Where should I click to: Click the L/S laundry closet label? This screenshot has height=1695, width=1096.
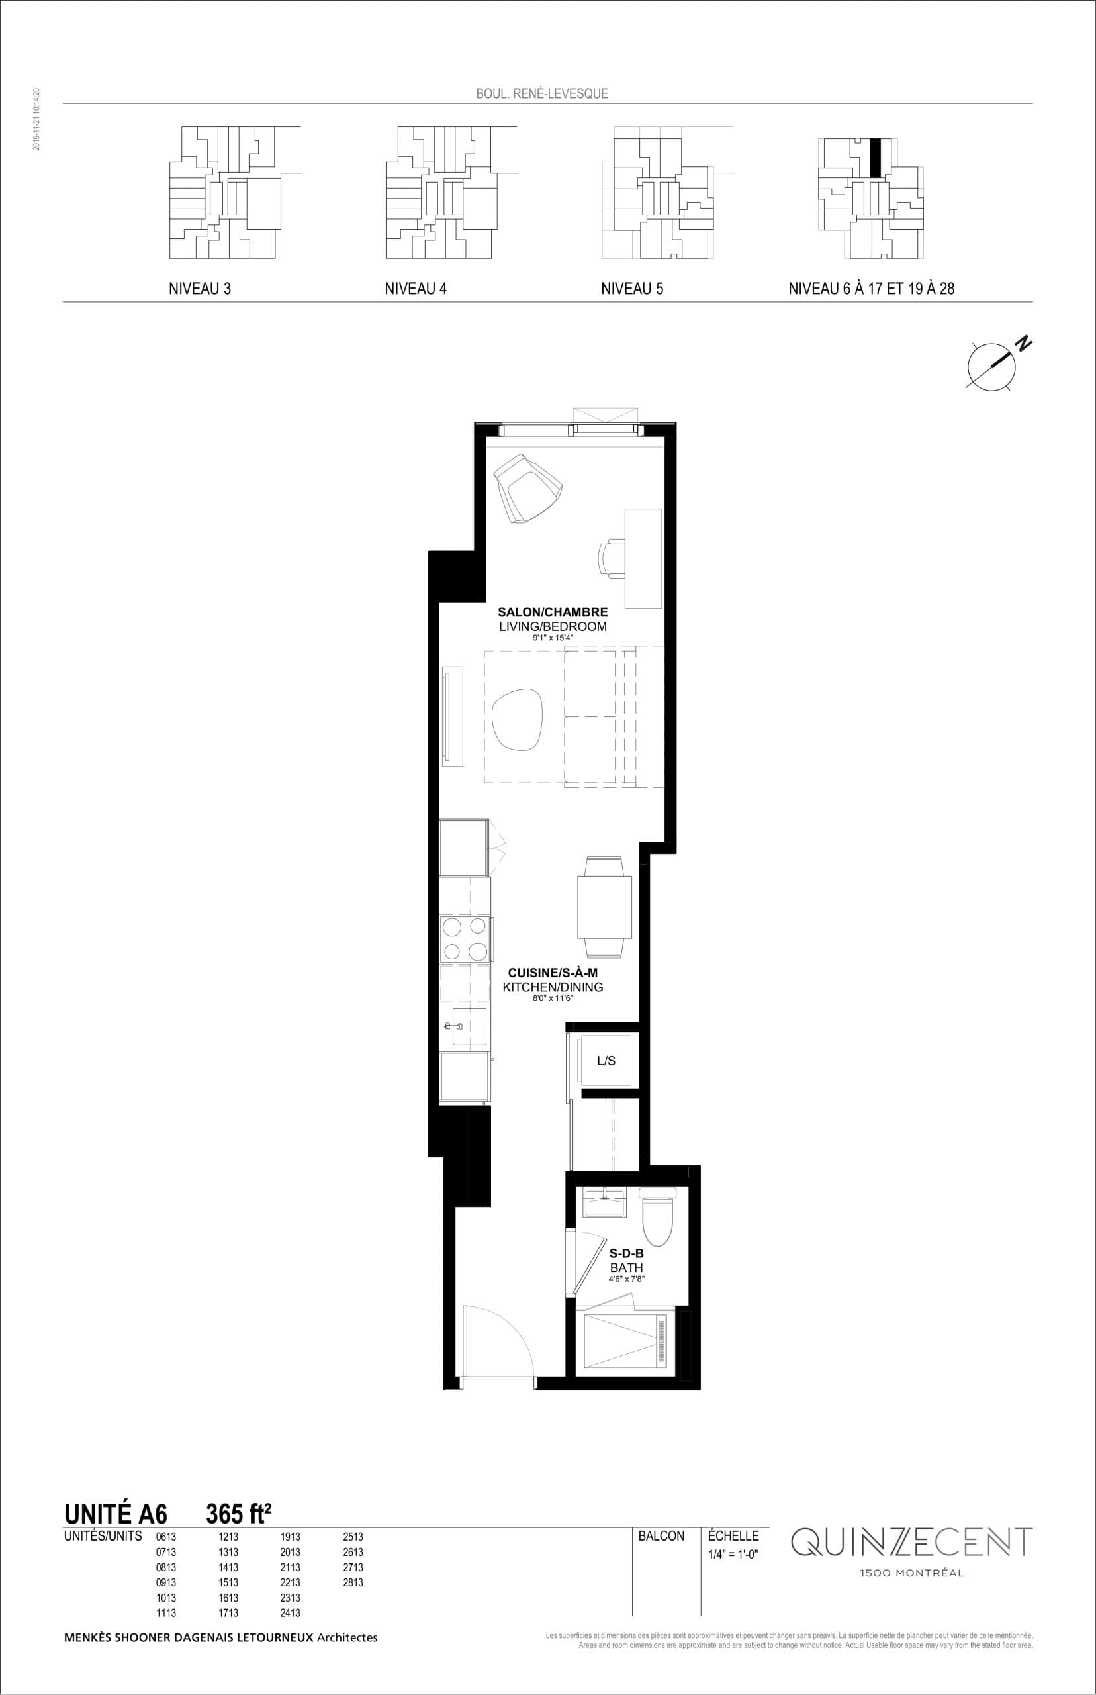pyautogui.click(x=606, y=1061)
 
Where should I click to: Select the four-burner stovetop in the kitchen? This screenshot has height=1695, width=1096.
pyautogui.click(x=465, y=939)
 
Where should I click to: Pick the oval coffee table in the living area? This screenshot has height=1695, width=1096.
pyautogui.click(x=517, y=718)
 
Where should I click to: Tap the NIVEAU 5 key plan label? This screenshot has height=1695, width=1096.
pyautogui.click(x=631, y=289)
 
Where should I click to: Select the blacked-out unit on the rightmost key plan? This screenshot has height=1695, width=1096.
pyautogui.click(x=876, y=158)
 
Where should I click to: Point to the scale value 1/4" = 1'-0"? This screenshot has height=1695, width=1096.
pyautogui.click(x=733, y=1554)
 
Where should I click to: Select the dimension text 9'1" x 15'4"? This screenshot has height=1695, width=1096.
pyautogui.click(x=552, y=638)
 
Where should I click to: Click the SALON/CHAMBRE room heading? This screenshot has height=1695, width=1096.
pyautogui.click(x=552, y=612)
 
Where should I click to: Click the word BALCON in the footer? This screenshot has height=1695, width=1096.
pyautogui.click(x=661, y=1536)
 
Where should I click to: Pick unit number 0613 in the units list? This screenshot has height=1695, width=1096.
pyautogui.click(x=166, y=1537)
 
